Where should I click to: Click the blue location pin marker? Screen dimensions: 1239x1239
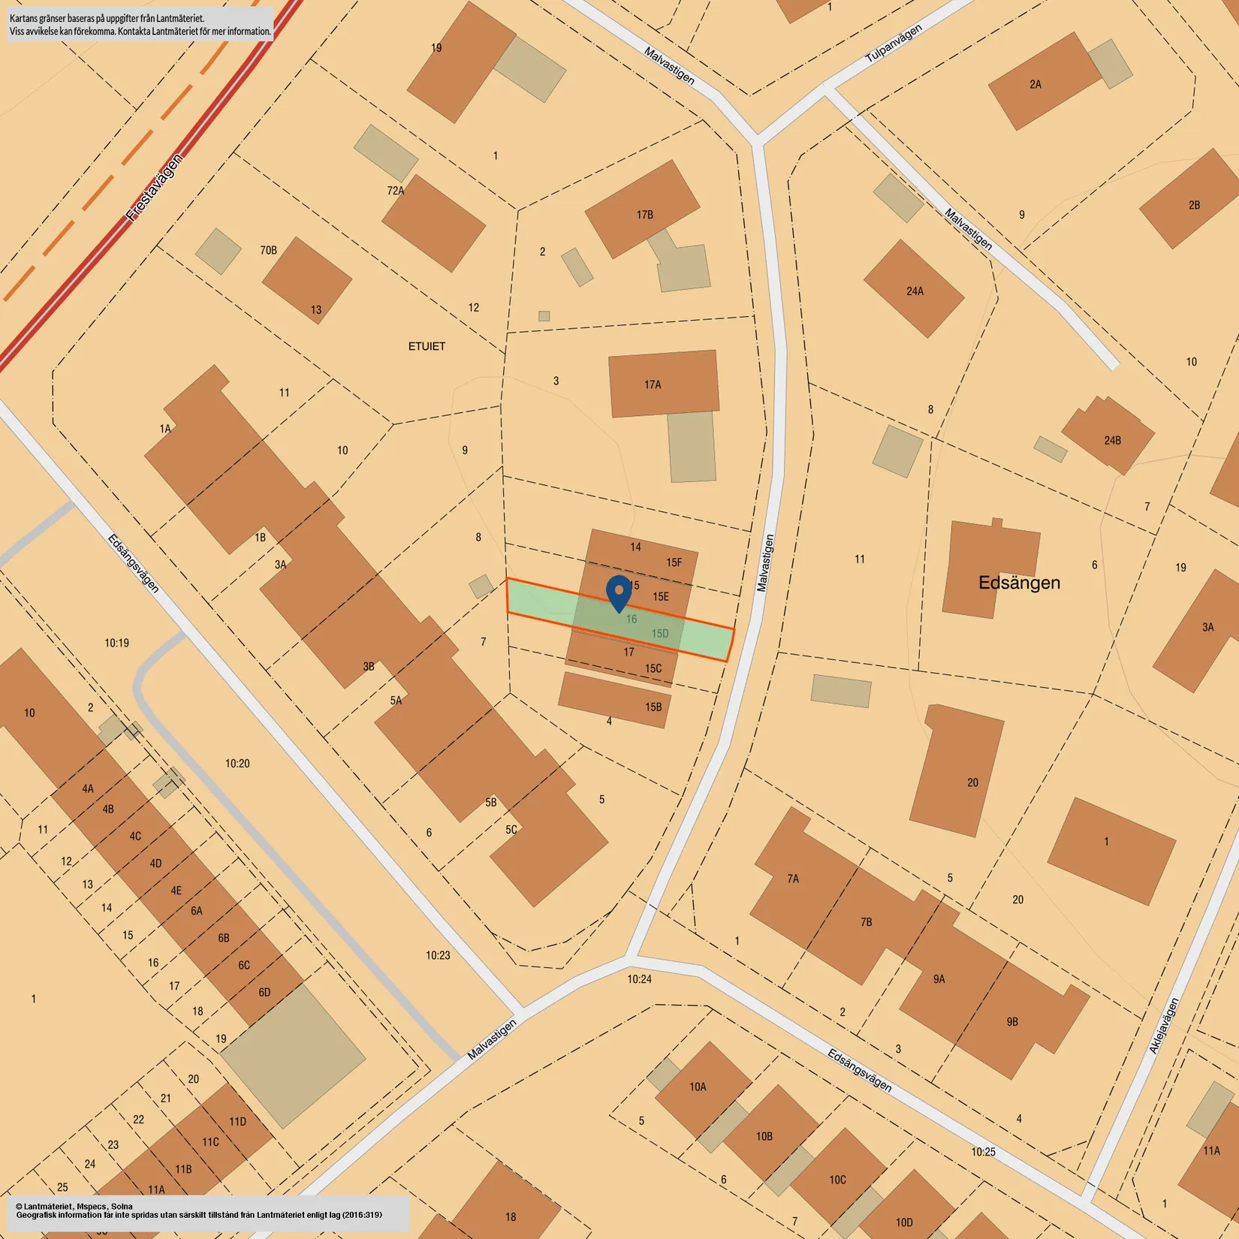pyautogui.click(x=619, y=592)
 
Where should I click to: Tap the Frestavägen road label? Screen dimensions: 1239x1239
pyautogui.click(x=153, y=188)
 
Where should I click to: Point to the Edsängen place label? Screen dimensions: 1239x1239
pyautogui.click(x=1019, y=583)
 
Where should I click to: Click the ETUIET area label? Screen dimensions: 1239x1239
pyautogui.click(x=427, y=346)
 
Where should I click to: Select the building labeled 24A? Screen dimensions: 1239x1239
pyautogui.click(x=914, y=289)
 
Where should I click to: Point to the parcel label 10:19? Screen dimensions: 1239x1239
pyautogui.click(x=116, y=643)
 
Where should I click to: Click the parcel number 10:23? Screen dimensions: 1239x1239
pyautogui.click(x=438, y=955)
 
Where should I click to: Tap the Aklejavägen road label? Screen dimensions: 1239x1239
pyautogui.click(x=1164, y=1026)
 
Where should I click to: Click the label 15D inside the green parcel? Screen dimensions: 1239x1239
pyautogui.click(x=659, y=634)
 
